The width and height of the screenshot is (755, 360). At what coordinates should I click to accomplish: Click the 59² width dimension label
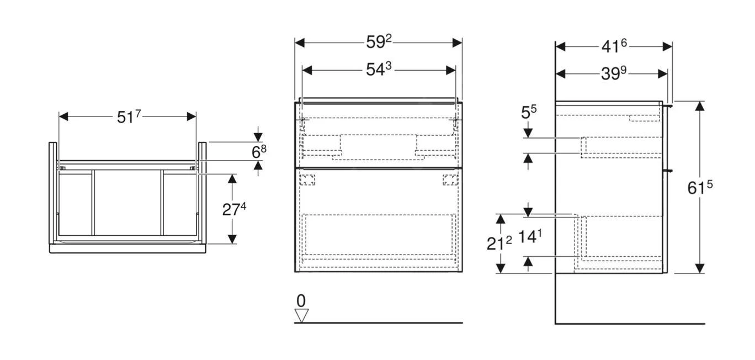click(x=379, y=43)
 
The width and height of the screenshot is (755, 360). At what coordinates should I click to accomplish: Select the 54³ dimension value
click(x=379, y=70)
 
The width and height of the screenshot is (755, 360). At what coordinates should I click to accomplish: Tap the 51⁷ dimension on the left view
click(x=129, y=117)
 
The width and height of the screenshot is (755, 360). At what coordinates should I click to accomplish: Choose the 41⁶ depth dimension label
click(x=614, y=46)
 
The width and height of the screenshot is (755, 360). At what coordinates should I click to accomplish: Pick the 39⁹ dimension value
click(x=614, y=73)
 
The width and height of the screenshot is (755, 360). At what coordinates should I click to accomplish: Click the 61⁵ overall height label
click(x=700, y=188)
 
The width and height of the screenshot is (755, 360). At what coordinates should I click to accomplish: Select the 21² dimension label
click(x=499, y=243)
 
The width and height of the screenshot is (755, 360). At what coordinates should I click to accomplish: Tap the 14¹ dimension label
click(x=529, y=237)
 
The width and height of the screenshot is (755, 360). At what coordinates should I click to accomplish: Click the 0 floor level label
click(x=301, y=301)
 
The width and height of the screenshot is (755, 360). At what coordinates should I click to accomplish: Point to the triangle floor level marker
click(x=301, y=315)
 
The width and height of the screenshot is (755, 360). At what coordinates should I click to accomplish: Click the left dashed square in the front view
click(x=307, y=178)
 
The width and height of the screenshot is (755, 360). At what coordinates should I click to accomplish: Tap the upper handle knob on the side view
click(x=669, y=105)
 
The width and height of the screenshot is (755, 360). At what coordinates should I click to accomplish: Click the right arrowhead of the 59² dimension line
click(x=458, y=43)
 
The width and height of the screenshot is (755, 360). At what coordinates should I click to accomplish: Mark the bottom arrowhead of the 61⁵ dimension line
click(x=700, y=268)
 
